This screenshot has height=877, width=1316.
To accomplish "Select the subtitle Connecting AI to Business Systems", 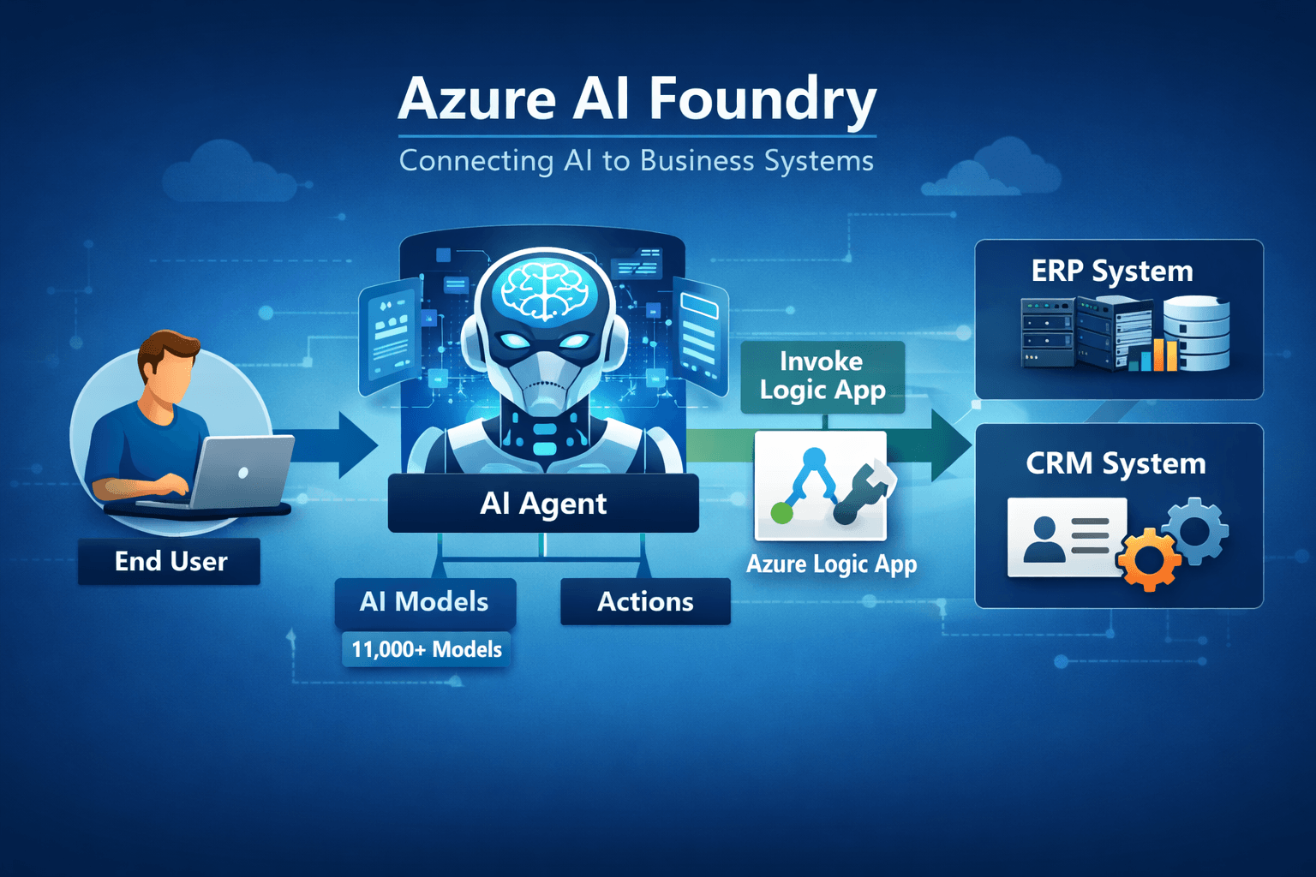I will (x=636, y=161).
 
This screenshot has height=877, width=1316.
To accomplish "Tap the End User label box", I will (x=170, y=562).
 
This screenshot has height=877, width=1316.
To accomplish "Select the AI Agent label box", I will (x=543, y=504).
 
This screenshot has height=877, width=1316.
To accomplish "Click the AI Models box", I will (x=424, y=601).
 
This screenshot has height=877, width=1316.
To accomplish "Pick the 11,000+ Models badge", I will (x=426, y=650).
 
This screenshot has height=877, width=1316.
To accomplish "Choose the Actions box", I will (x=645, y=601).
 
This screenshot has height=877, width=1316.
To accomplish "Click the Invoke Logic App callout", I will (x=822, y=376).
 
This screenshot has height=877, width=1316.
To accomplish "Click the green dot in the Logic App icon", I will (x=781, y=513).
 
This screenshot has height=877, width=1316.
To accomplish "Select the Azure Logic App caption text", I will (x=831, y=564).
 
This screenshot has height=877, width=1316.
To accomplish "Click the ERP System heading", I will (x=1111, y=271).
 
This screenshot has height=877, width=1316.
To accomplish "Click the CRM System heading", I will (x=1116, y=463).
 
